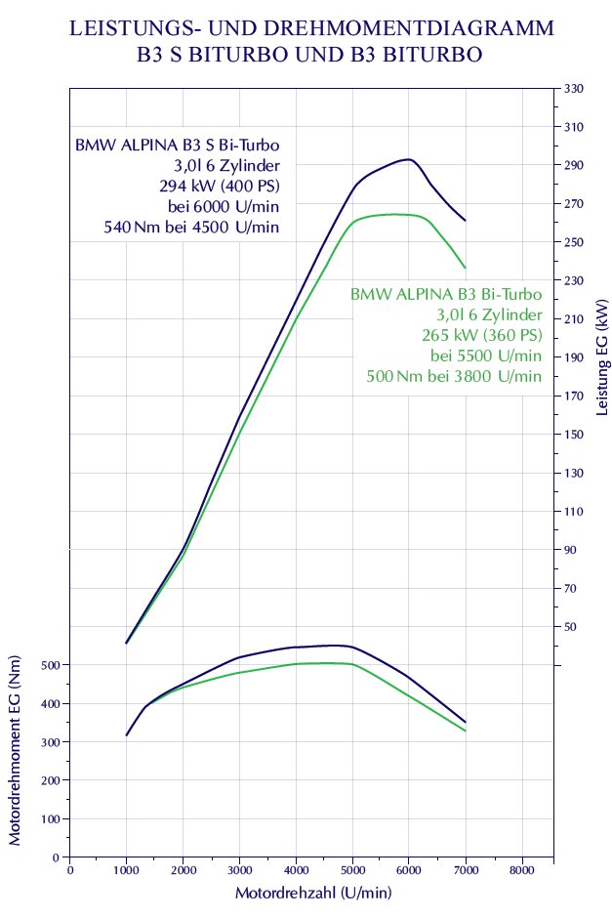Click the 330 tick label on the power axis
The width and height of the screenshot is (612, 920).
[573, 89]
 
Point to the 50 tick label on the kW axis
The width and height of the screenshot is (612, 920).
[570, 627]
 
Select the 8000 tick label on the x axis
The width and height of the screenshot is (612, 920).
[522, 869]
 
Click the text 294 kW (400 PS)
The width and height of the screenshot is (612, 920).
[219, 186]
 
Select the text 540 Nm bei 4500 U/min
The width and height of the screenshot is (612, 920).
[191, 227]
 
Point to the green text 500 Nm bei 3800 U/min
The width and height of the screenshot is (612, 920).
[453, 376]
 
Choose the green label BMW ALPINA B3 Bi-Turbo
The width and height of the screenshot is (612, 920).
[445, 294]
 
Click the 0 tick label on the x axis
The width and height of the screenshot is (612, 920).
[69, 869]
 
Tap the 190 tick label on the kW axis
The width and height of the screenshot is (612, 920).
[573, 358]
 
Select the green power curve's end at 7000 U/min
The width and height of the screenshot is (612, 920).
[465, 268]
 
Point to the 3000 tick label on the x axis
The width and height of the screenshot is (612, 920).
[238, 869]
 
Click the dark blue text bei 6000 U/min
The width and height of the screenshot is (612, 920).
[224, 206]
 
